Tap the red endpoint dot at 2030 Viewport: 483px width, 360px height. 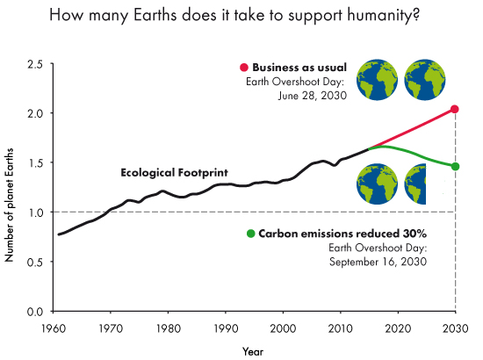(x=455, y=109)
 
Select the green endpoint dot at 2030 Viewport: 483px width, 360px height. (x=455, y=166)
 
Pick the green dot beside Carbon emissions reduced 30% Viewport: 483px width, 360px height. (x=251, y=234)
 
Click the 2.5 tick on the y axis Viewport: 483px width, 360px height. (x=36, y=64)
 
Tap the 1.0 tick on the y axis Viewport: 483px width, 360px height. (x=36, y=212)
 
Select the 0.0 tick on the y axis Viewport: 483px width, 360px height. (x=36, y=312)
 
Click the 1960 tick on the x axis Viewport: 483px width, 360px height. (x=54, y=328)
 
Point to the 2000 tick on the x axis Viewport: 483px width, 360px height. (x=283, y=328)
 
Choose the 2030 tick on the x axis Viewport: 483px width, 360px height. (x=455, y=328)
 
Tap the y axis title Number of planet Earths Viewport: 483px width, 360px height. (x=11, y=189)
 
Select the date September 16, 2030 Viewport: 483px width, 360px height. (x=377, y=262)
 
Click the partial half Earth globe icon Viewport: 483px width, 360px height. (x=418, y=184)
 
